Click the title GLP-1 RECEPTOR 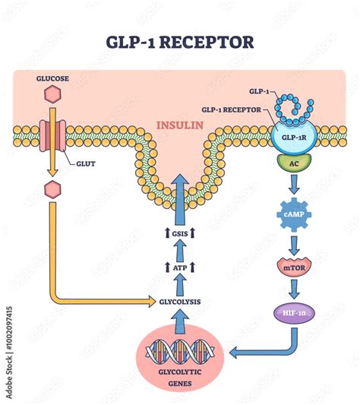pos(180,42)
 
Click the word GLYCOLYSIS pos(180,302)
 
